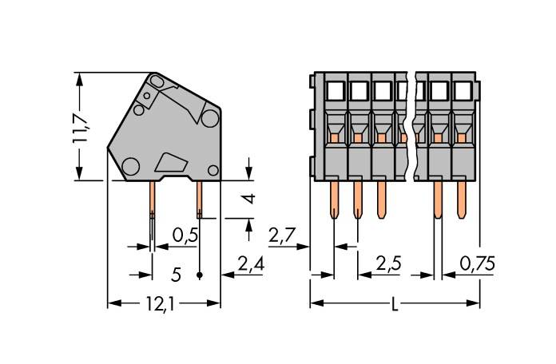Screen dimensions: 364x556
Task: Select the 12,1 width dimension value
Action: pos(163,304)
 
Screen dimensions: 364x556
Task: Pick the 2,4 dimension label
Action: pos(252,261)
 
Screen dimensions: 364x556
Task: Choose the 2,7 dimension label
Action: pos(284,235)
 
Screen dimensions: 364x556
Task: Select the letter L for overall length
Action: pos(396,304)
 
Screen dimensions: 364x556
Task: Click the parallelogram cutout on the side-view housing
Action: pos(170,162)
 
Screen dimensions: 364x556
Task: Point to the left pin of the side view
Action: pos(151,204)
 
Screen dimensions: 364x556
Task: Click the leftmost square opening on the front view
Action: pos(334,89)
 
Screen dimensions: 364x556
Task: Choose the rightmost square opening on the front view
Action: pos(462,89)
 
